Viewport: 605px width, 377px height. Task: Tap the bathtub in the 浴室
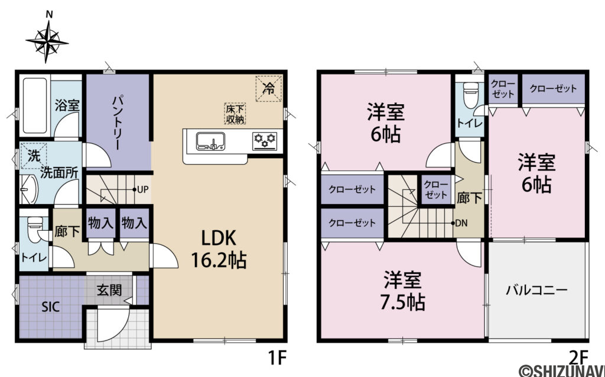[x=35, y=105]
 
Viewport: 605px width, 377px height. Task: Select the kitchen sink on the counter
[x=211, y=141]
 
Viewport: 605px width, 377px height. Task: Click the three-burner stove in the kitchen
[x=265, y=141]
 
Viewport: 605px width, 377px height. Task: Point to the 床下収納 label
[x=235, y=114]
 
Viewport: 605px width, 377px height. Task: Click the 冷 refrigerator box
[x=269, y=89]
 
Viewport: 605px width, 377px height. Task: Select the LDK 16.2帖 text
[x=219, y=249]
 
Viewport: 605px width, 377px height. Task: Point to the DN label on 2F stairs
[x=461, y=223]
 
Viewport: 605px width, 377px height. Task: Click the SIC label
[x=51, y=307]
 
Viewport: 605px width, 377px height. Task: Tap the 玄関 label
[x=109, y=290]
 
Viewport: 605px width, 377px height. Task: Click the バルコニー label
[x=536, y=289]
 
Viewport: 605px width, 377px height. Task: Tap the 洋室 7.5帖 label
[x=402, y=291]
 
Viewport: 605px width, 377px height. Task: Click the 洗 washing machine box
[x=34, y=156]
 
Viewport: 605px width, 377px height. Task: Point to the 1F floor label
[x=277, y=357]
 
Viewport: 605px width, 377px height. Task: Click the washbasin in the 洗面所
[x=30, y=189]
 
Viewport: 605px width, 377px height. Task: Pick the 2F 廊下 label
[x=469, y=198]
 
